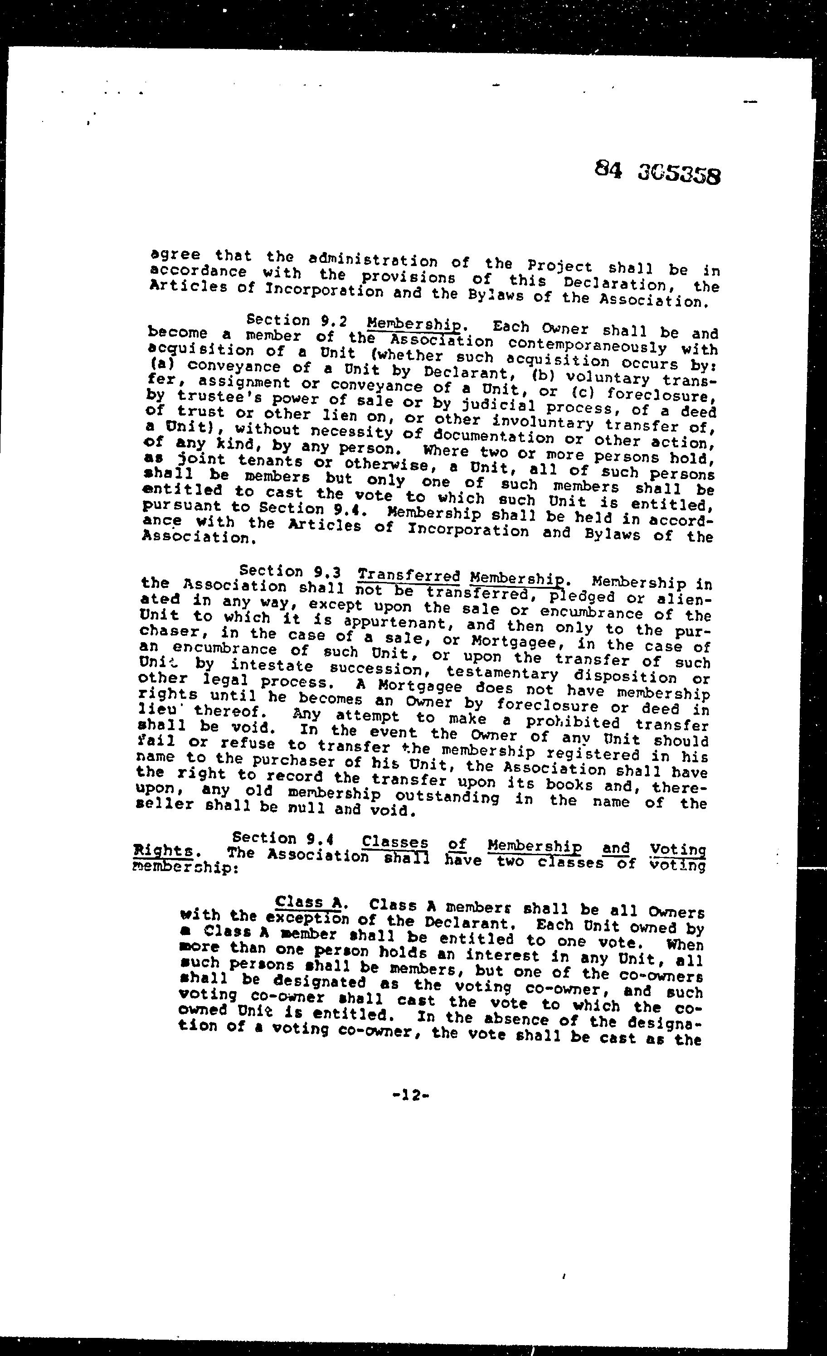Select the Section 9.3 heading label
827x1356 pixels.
pyautogui.click(x=293, y=572)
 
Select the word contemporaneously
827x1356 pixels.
pyautogui.click(x=587, y=345)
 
